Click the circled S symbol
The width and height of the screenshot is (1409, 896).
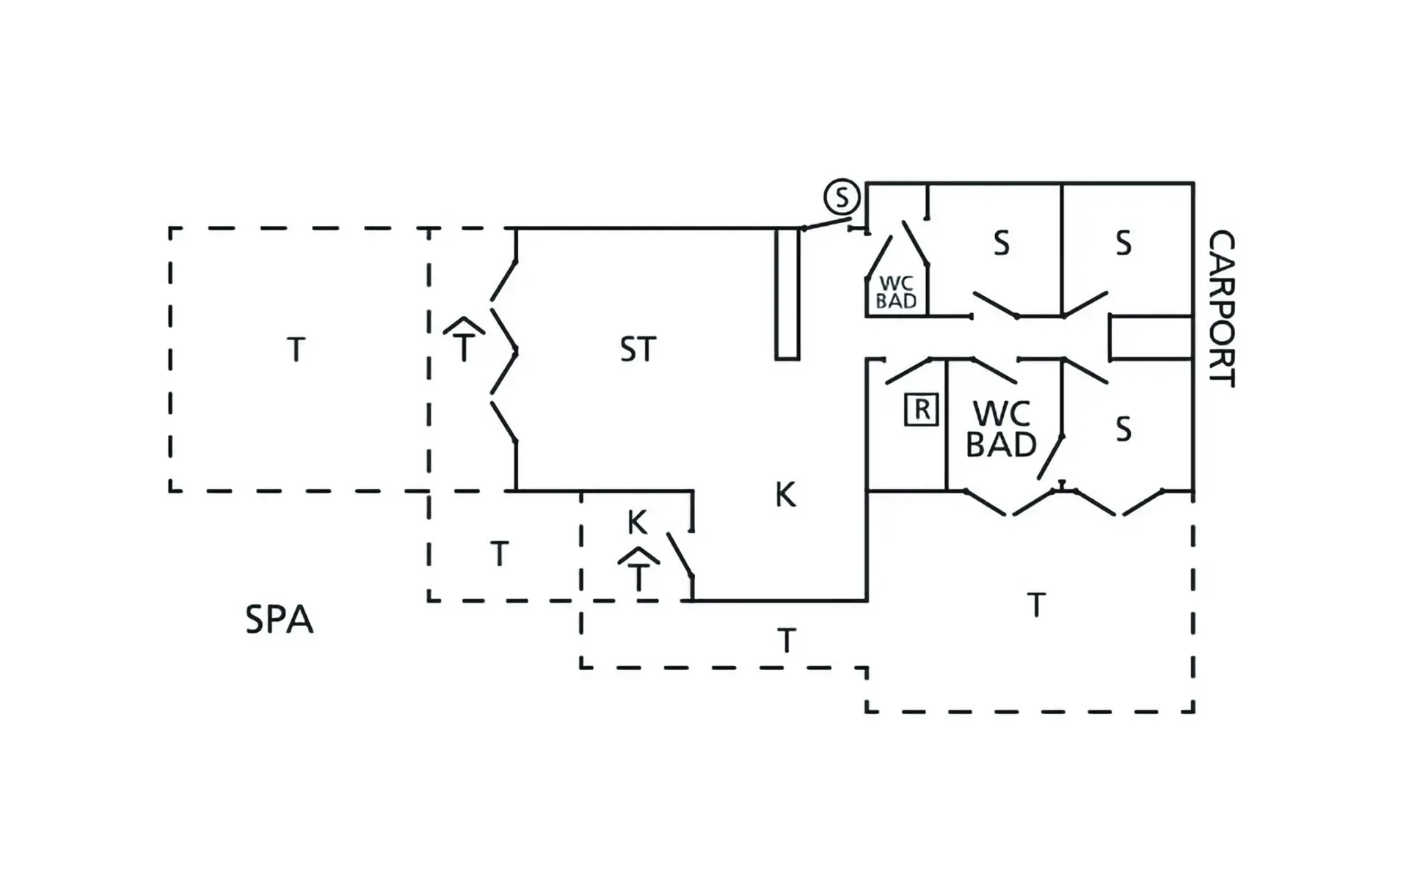coord(841,197)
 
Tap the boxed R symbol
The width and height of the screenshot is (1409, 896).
coord(922,409)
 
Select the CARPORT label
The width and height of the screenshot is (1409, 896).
coord(1221,308)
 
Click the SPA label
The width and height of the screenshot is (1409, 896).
coord(279,620)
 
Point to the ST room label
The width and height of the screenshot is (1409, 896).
coord(637,350)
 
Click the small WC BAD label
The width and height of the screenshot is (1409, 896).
coord(896,292)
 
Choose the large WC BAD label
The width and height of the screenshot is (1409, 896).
coord(1001,429)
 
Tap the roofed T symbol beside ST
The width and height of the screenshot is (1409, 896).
coord(464,339)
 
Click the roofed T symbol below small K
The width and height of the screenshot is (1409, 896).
coord(638,570)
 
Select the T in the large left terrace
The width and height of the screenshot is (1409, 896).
coord(296,350)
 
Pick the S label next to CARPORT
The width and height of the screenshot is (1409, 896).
coord(1123,243)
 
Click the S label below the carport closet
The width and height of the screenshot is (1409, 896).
coord(1123,429)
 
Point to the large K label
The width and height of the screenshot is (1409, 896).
coord(785,495)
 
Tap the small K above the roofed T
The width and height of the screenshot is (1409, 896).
coord(637,523)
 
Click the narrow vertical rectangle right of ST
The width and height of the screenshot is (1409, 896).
coord(787,293)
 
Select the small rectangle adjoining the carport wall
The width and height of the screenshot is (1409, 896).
coord(1151,338)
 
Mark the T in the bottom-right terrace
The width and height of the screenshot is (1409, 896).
coord(1035,606)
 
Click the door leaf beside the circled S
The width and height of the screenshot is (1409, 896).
coord(826,224)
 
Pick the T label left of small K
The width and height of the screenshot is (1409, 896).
coord(499,554)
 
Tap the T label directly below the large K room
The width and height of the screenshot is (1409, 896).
coord(786,641)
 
